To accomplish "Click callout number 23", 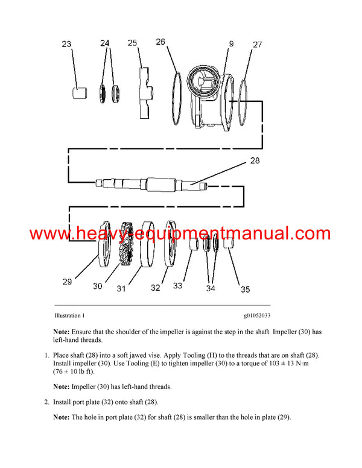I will pos(66,43).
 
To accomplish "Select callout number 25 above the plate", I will pos(133,43).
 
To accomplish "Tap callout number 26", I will pos(160,42).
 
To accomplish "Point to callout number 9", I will pos(230,43).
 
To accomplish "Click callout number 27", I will pos(258,44).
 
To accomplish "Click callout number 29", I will pos(66,281).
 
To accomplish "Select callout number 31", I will pos(121,288).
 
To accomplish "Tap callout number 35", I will pos(245,289).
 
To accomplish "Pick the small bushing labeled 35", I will pos(229,245).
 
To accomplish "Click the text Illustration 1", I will pos(69,315).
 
